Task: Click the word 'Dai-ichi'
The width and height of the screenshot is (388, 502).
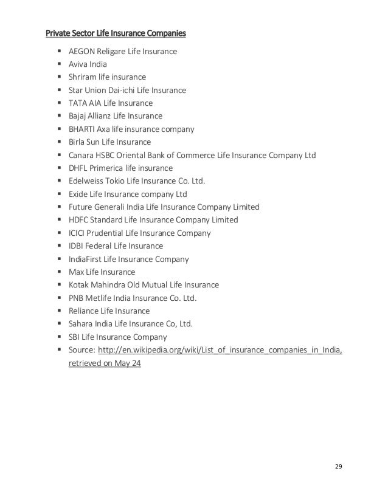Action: (x=134, y=91)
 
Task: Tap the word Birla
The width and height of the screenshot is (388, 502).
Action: (x=77, y=142)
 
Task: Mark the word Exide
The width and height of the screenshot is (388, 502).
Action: (x=77, y=194)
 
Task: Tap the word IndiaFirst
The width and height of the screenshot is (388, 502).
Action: (x=85, y=259)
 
